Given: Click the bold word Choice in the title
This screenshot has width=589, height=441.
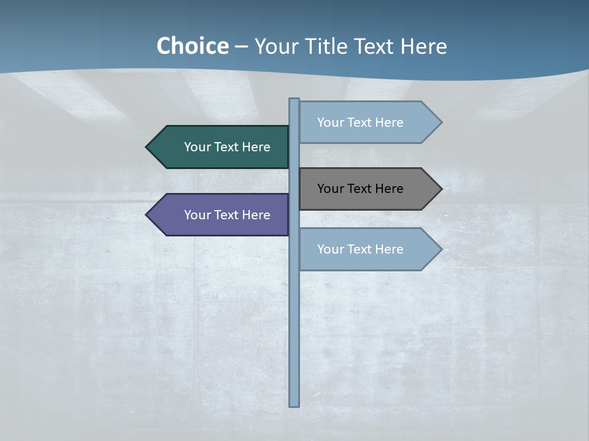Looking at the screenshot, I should click(x=192, y=47).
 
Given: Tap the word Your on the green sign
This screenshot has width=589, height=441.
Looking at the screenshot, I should click(x=196, y=147).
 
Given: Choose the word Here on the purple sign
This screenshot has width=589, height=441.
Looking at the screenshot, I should click(x=256, y=215).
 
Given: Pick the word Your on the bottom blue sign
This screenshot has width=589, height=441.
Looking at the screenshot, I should click(x=329, y=249).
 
